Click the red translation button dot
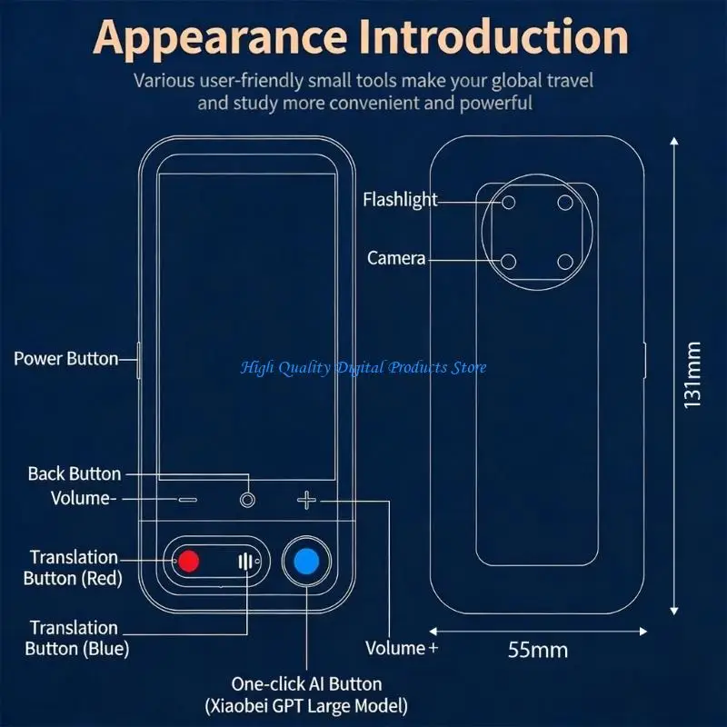point(189,561)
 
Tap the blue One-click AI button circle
point(307,561)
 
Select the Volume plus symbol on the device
point(306,501)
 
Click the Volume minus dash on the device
point(188,500)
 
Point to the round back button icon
point(247,500)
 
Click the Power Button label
point(66,359)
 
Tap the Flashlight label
point(400,200)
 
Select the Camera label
point(396,258)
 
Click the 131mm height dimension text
point(692,375)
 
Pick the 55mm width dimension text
point(538,650)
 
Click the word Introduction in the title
point(493,37)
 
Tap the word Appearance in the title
point(220,39)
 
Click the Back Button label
point(75,473)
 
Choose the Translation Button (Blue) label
point(77,638)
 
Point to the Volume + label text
point(402,648)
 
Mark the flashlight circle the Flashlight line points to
point(509,203)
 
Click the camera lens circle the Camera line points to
point(509,262)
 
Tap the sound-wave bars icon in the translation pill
point(245,562)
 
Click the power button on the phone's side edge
point(139,361)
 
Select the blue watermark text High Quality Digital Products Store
point(363,368)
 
